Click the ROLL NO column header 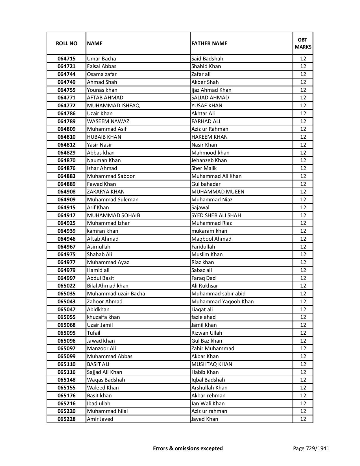pos(66,43)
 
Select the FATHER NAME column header pos(209,43)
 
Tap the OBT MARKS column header pos(303,43)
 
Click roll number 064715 pos(66,59)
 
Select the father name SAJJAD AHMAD pos(210,98)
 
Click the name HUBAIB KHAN pos(104,137)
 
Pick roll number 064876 pos(66,168)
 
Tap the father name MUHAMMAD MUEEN pos(218,192)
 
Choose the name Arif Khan pos(98,208)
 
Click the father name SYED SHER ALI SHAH pos(216,215)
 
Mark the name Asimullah pos(99,247)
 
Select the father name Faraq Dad pos(203,278)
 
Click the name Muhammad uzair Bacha pos(116,294)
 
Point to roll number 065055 pos(66,317)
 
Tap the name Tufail pos(93,333)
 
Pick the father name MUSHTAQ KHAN pos(211,364)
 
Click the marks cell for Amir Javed pos(303,419)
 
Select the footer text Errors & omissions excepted pos(188,448)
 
